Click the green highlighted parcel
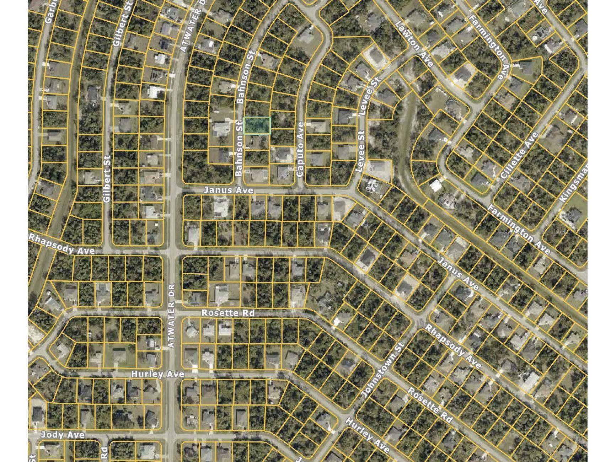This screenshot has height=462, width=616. [257, 125]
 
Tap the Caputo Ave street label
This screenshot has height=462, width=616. [300, 149]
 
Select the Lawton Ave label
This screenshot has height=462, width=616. [414, 44]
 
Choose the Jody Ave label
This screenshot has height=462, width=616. [63, 435]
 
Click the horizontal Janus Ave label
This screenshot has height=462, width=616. [228, 190]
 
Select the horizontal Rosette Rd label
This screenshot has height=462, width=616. [228, 313]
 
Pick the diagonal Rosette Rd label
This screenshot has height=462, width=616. [430, 405]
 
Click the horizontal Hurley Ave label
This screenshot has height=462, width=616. [157, 374]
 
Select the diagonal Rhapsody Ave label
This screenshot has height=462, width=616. [454, 347]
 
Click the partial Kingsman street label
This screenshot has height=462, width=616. [574, 185]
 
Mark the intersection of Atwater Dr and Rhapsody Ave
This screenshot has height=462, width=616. [173, 251]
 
